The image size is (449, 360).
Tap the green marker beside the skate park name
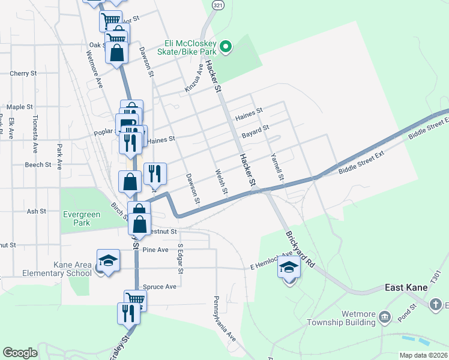[226, 46]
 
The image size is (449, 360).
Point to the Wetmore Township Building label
[350, 317]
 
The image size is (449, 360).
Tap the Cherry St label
[23, 74]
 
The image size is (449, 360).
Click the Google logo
[20, 353]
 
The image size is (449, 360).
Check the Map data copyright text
[423, 355]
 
